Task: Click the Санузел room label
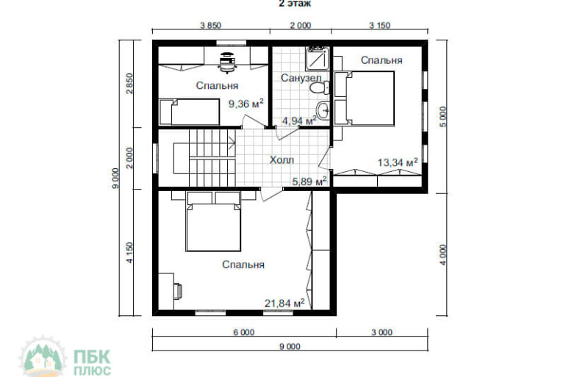301,78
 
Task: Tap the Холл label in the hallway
282,159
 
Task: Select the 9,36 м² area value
246,104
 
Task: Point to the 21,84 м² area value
284,303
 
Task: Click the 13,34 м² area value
398,162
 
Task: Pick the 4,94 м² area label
299,121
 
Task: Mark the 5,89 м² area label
309,181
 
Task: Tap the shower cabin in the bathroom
318,59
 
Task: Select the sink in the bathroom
323,109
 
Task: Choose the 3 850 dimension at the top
210,26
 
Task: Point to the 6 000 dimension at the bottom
243,332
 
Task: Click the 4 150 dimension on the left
129,253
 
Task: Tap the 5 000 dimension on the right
443,117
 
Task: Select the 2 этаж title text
295,4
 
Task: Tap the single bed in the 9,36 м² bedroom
189,112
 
